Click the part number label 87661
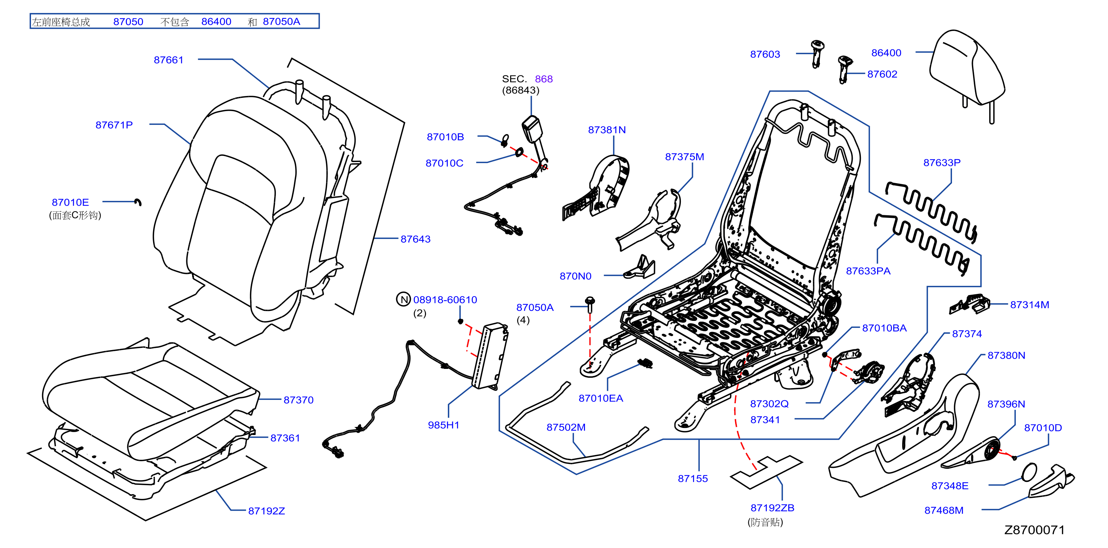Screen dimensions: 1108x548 coord(169,60)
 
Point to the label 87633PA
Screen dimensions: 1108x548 coord(868,271)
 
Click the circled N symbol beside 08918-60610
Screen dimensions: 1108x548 coord(404,299)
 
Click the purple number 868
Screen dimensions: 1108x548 coord(544,79)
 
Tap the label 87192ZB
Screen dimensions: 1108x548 coord(772,508)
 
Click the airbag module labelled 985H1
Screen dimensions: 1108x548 coord(490,356)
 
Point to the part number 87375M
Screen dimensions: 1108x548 coord(684,157)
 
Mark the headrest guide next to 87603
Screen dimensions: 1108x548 coord(817,54)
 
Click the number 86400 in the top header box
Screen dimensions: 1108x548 coord(217,21)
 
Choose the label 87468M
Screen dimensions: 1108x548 coord(944,510)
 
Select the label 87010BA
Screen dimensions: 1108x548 coord(884,328)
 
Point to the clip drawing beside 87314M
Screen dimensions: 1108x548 coord(969,304)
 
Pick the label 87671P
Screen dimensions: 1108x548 coord(114,125)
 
